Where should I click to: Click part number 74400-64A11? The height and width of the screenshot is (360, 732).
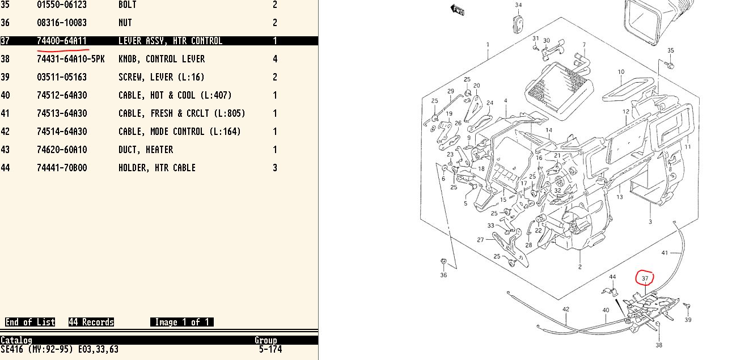pos(62,41)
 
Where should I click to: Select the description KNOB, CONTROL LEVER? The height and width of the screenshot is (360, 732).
pos(162,59)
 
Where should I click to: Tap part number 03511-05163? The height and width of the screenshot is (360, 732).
pos(62,77)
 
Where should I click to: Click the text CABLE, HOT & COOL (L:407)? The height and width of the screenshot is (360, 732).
pos(175,95)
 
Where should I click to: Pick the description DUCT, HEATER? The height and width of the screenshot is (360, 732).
pos(146,150)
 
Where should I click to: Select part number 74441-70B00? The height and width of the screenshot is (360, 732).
pos(62,168)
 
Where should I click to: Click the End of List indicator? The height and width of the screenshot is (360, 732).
pos(30,322)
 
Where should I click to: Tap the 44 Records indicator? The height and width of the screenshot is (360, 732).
pos(91,322)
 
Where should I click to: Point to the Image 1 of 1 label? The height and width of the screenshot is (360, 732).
pos(182,322)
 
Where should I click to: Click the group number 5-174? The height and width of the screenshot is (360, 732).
pos(270,349)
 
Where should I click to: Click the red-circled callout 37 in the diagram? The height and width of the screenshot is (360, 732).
pos(645,278)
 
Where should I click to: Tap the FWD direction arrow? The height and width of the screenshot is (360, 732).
pos(457,10)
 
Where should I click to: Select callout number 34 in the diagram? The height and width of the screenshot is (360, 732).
pos(518,5)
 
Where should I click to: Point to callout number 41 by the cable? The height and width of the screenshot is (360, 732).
pos(665,252)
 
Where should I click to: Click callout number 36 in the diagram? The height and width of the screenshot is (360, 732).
pos(443,275)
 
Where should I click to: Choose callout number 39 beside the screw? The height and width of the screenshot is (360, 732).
pos(688,320)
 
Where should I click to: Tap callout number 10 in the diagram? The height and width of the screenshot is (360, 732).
pos(621,72)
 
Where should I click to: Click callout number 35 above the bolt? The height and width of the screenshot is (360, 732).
pos(671,50)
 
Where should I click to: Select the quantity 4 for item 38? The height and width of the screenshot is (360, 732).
pos(275,59)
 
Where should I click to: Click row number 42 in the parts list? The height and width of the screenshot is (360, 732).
pos(5,132)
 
